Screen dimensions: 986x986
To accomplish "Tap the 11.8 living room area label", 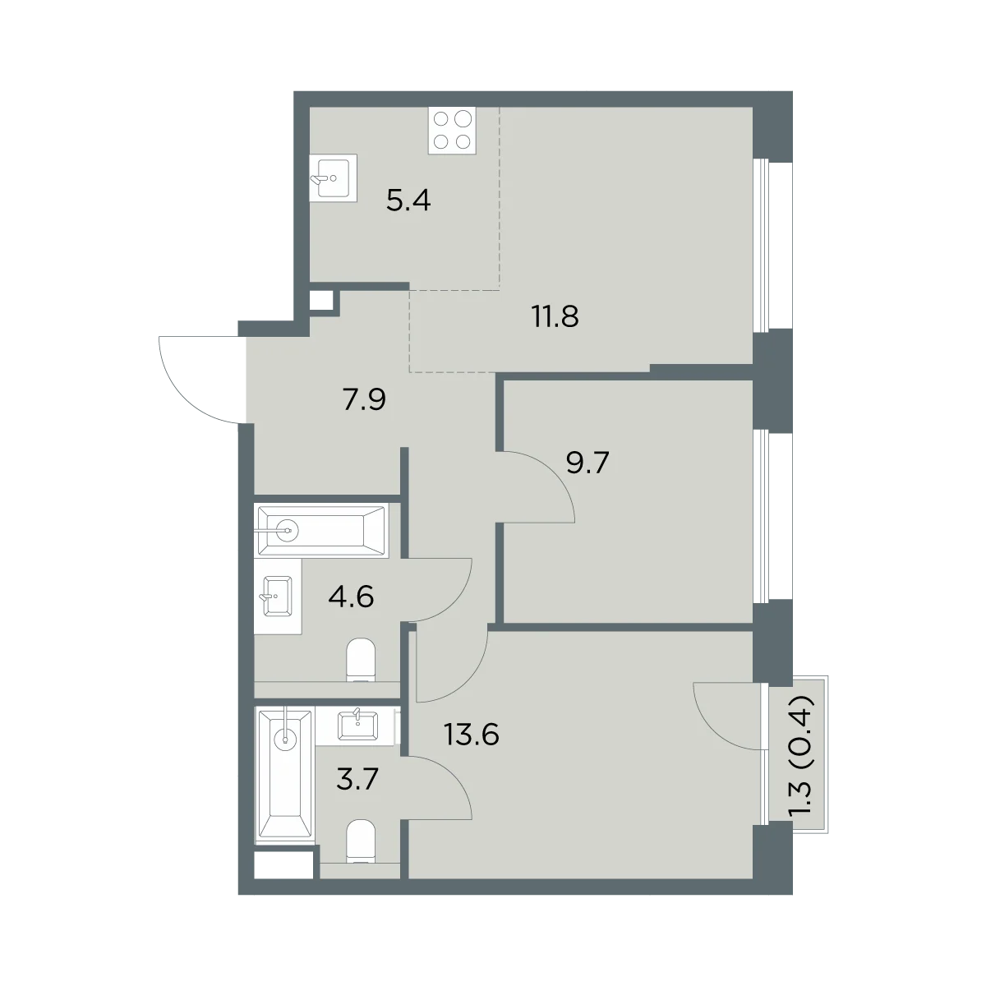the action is (555, 316).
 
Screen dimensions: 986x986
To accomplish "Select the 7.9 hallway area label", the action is (364, 399).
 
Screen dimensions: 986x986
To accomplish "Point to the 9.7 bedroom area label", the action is (587, 463).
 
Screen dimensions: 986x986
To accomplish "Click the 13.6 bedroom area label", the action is (472, 735).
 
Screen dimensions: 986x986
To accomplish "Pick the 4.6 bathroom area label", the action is (351, 597).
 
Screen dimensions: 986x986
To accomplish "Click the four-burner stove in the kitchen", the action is (452, 131).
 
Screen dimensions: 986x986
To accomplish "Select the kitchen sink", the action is (333, 177).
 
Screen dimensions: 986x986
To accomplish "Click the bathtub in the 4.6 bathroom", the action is (321, 531).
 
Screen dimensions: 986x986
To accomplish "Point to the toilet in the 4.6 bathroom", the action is (361, 660).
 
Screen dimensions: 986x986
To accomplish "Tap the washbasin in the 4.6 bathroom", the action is (277, 596).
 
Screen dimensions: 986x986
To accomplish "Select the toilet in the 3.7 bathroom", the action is (361, 841).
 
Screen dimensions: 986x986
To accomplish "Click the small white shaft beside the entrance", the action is (321, 301).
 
